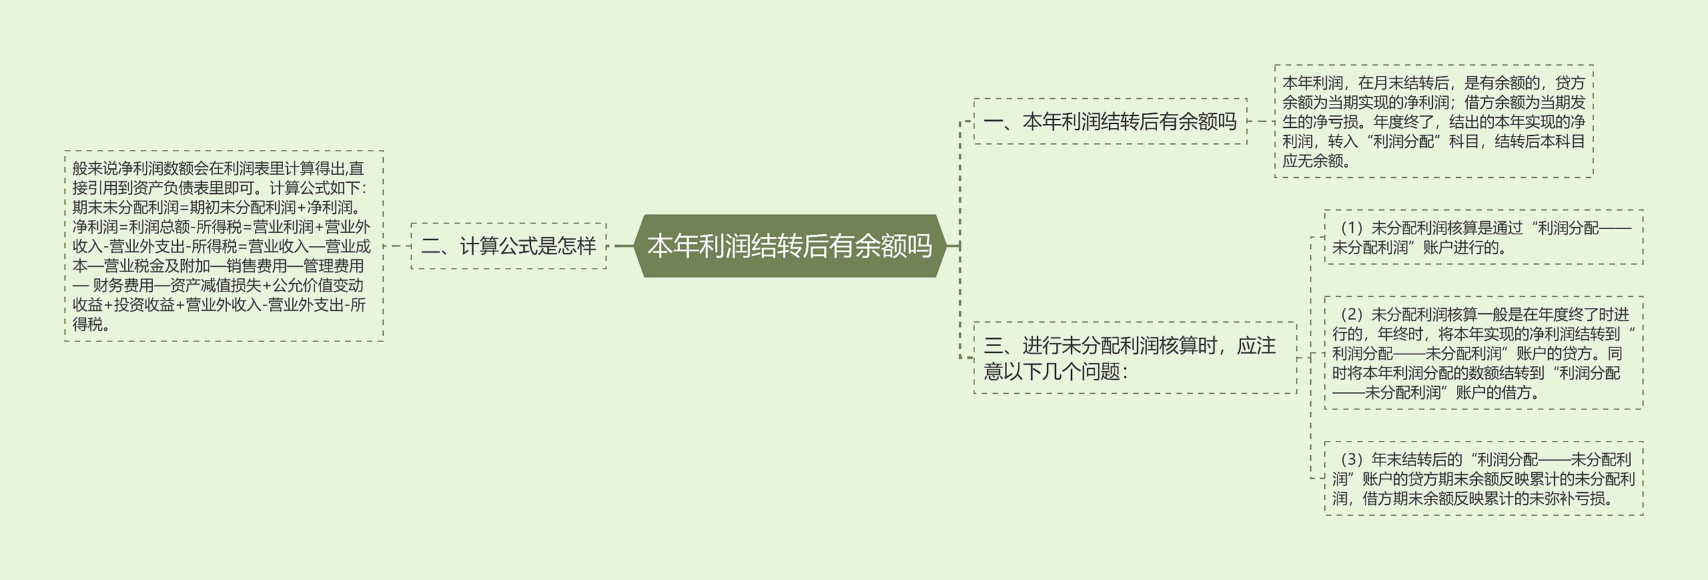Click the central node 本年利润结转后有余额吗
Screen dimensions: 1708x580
coord(790,246)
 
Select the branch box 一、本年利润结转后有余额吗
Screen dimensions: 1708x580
coord(1110,121)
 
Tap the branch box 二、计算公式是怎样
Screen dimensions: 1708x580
coord(508,246)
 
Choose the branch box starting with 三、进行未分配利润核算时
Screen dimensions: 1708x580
coord(1135,358)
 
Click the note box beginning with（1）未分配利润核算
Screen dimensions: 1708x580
coord(1484,237)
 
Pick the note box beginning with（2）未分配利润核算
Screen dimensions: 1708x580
coord(1484,352)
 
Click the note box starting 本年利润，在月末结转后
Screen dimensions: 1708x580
coord(1434,121)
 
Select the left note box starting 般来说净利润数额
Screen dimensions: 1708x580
coord(224,246)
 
